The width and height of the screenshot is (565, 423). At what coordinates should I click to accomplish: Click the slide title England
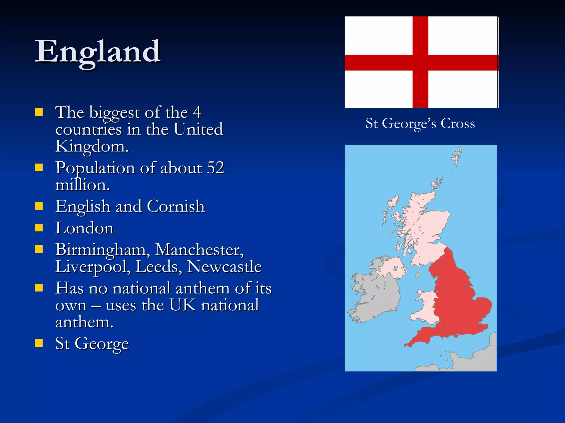coord(98,52)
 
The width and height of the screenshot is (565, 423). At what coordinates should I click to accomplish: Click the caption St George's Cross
coord(420,123)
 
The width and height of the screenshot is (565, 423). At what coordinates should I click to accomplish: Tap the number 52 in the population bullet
coord(215,168)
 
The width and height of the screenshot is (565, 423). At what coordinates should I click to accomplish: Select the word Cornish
coord(176,206)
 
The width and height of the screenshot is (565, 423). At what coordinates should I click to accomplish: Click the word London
coord(84,228)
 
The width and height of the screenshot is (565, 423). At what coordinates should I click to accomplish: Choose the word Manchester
coord(199,250)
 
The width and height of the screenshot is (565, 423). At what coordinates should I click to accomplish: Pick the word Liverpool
coord(93,267)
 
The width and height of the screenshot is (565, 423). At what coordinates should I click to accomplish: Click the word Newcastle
coord(224,267)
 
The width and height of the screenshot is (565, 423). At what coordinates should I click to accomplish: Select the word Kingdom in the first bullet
coord(92,146)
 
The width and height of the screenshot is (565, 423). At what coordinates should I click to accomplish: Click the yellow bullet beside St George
coord(39,343)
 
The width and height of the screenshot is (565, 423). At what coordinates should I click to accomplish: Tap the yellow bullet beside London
coord(39,228)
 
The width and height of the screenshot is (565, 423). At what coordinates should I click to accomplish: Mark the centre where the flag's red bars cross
coord(420,63)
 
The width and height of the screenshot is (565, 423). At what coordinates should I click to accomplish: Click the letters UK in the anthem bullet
coord(183,305)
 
